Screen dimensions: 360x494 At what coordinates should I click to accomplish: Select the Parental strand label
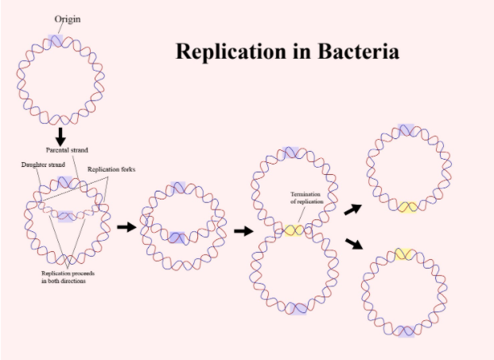click(x=67, y=149)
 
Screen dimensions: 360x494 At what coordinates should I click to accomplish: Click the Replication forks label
click(x=109, y=169)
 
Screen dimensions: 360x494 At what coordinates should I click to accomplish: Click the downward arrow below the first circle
click(x=60, y=134)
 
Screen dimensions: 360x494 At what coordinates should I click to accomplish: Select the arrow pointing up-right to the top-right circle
click(x=352, y=209)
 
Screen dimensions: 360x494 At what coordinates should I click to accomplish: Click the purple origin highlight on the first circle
click(x=55, y=41)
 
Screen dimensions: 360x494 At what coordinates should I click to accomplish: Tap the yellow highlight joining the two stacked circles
click(x=294, y=230)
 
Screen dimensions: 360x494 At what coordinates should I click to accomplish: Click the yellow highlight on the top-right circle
click(x=407, y=207)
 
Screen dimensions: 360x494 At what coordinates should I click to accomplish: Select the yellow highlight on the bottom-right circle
click(x=405, y=254)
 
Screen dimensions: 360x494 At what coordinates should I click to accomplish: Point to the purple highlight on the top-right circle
click(x=406, y=130)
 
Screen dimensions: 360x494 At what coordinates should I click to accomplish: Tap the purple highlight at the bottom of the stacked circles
click(x=294, y=308)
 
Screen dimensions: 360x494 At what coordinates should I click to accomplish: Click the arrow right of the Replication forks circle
click(x=126, y=227)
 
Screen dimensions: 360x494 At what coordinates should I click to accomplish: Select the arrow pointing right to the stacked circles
click(x=243, y=231)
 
